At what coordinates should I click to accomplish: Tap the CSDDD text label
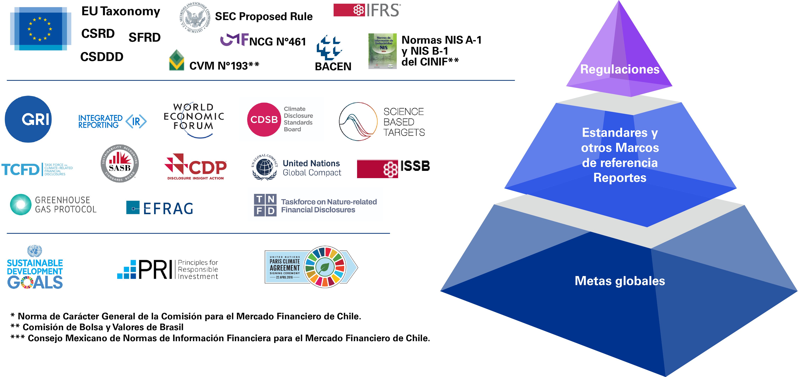coord(102,57)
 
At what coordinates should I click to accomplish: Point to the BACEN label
coord(333,66)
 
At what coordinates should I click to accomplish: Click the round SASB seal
coord(120,163)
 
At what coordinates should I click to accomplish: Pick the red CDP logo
coord(196,167)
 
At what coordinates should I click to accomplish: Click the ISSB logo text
coord(415,166)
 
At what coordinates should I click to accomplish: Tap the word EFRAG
coord(168,208)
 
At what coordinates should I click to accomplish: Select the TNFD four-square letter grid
coord(265,205)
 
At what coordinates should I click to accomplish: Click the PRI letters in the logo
coord(155,269)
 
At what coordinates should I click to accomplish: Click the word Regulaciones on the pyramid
coord(619,69)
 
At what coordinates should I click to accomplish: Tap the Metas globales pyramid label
coord(619,281)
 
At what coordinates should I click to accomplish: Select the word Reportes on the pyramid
coord(619,178)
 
